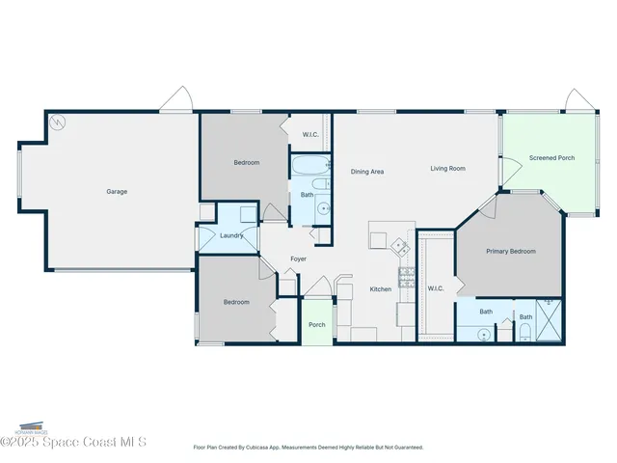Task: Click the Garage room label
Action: coord(117,191)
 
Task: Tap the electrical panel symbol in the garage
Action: coord(58,123)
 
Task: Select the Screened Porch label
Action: coord(552,157)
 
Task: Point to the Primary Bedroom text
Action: coord(510,251)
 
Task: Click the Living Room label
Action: coord(447,169)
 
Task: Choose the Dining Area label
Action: coord(367,172)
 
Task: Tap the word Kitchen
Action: coord(381,289)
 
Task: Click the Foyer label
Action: coord(299,259)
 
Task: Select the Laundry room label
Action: coord(230,235)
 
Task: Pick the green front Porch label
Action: coord(317,324)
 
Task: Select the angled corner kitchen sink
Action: coord(398,245)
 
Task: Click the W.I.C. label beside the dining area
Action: coord(311,134)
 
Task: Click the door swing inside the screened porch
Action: coord(511,166)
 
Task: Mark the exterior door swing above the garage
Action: coord(176,99)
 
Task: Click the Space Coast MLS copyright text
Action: coord(74,442)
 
